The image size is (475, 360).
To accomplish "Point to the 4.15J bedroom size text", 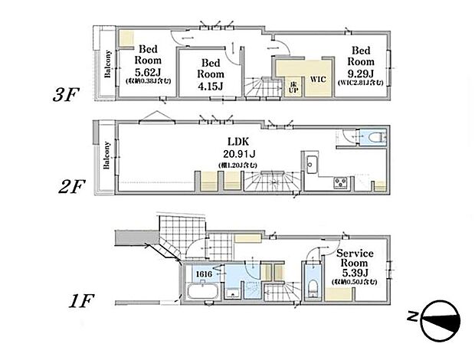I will tap(211, 85).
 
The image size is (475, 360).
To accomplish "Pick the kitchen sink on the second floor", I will tap(312, 164).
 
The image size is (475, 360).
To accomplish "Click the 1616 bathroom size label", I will tap(203, 273).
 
